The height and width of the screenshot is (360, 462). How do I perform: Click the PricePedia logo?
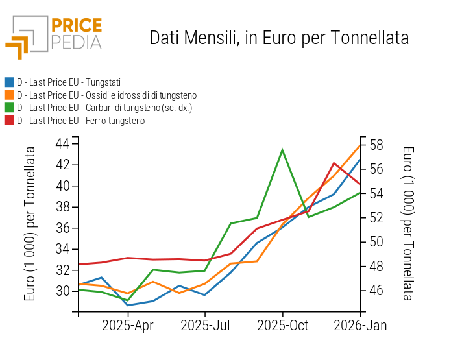click(x=54, y=35)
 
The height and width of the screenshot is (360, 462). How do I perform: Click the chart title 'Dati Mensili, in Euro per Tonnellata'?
click(x=279, y=38)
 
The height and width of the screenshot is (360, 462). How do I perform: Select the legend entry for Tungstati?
click(x=68, y=82)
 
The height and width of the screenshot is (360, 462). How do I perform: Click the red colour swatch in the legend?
click(x=9, y=121)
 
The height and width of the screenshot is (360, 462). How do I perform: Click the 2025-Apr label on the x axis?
click(x=128, y=326)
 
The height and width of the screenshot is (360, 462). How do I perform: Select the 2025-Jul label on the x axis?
click(x=205, y=326)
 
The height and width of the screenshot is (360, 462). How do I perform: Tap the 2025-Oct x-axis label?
click(x=282, y=326)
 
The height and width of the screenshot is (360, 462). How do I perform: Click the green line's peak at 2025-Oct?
click(x=282, y=150)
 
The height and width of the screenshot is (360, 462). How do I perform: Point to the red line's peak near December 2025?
click(x=334, y=163)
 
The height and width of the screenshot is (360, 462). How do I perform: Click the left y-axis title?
click(x=30, y=224)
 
